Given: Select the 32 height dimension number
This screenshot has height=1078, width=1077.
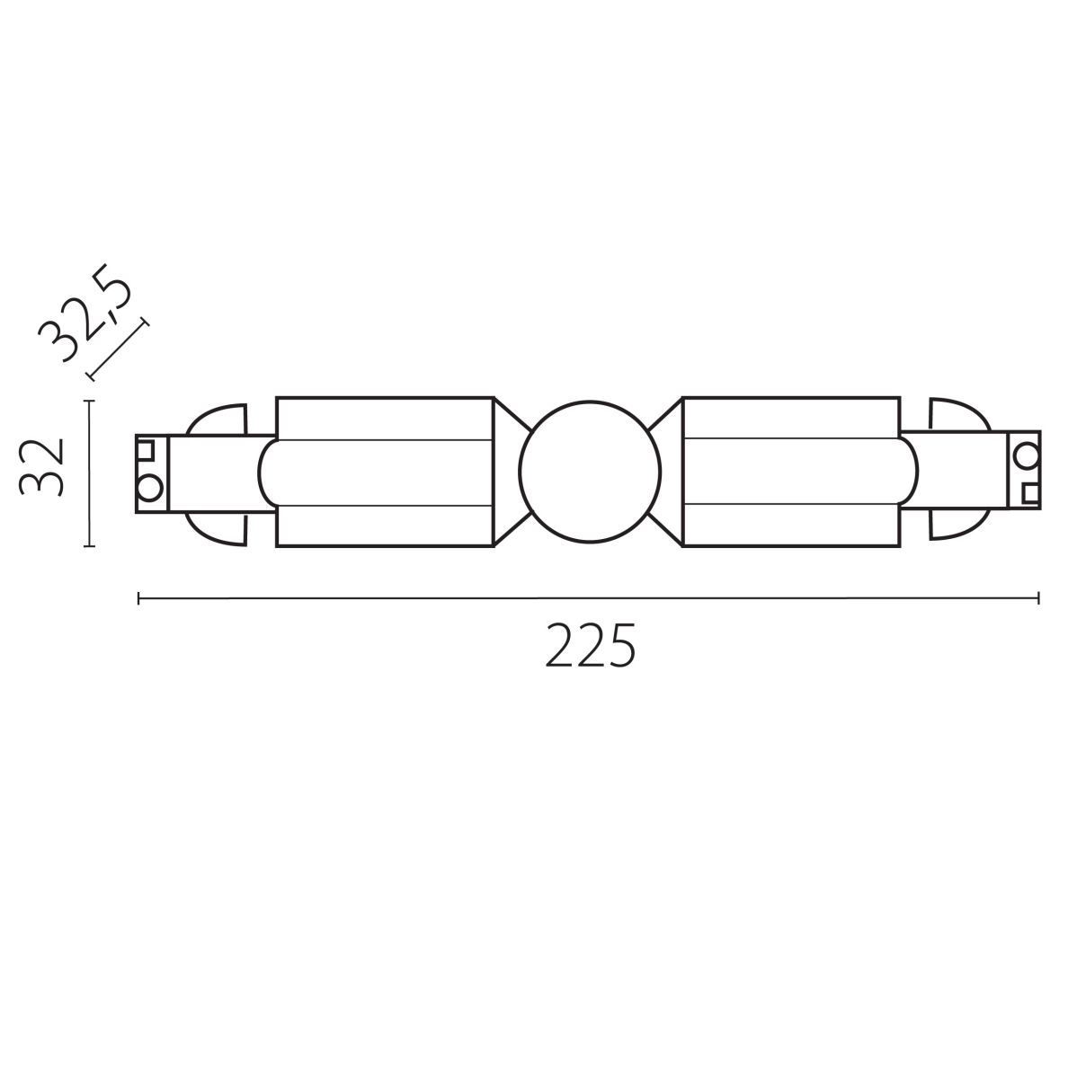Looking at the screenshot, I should coord(42,467).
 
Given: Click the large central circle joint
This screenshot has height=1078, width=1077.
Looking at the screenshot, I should coord(590,473).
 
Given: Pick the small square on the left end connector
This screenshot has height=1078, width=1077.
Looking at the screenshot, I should coord(145,448).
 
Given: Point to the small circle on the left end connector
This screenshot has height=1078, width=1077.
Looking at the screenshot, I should coord(147,490).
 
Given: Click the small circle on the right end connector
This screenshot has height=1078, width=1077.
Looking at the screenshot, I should coord(1026,458).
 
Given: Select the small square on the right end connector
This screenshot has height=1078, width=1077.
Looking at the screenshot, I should coord(1029,493).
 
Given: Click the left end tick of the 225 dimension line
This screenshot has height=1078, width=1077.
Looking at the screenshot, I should coord(138,597).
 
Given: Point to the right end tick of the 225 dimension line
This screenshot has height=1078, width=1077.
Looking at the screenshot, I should coord(1039,597).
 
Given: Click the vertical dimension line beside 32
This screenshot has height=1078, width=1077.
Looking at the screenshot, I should coord(89,473).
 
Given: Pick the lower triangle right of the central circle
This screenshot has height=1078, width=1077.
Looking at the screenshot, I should coord(668,525).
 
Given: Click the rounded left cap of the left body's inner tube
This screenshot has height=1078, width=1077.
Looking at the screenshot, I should coord(266,473).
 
